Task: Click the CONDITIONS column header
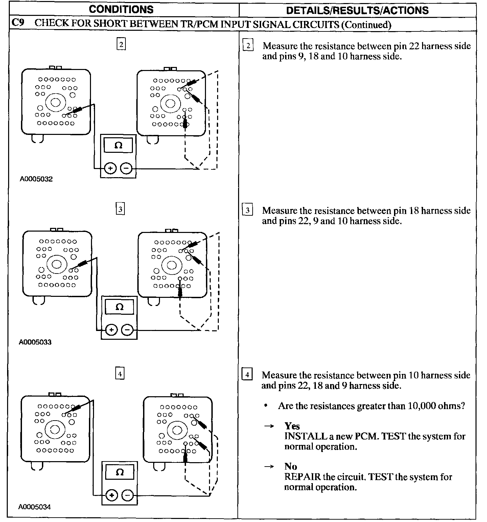(x=121, y=9)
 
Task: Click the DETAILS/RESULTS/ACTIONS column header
(x=357, y=10)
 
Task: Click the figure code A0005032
(x=36, y=179)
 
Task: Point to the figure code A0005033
(x=35, y=342)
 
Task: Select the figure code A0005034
(x=35, y=507)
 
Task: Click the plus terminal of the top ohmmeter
(x=110, y=168)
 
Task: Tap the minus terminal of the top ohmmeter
(x=126, y=168)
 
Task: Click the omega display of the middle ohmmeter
(x=119, y=307)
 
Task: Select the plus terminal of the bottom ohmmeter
(x=111, y=495)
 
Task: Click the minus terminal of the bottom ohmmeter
(x=127, y=495)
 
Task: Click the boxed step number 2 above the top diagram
(x=121, y=44)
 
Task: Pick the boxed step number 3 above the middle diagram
(x=120, y=209)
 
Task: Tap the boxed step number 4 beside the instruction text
(x=247, y=375)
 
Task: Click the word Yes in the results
(x=292, y=426)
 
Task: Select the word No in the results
(x=291, y=467)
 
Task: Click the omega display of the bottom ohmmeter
(x=120, y=472)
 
